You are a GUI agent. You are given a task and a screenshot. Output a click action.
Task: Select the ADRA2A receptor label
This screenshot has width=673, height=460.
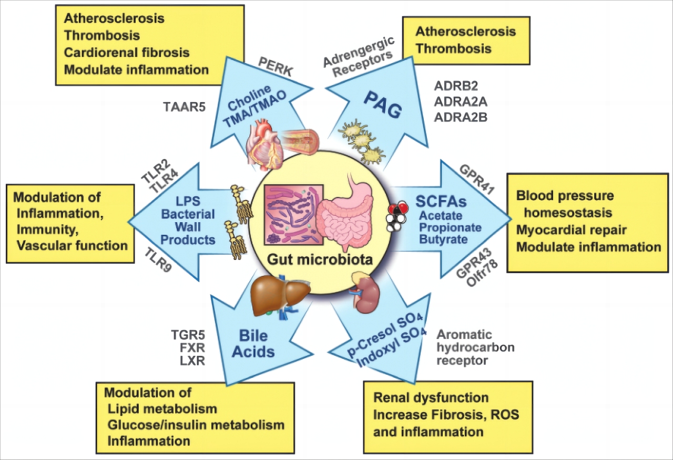(x=461, y=102)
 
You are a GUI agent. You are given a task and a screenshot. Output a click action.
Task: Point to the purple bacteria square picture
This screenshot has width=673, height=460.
(x=293, y=214)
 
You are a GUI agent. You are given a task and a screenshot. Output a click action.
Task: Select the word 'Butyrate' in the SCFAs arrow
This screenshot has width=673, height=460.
(x=443, y=239)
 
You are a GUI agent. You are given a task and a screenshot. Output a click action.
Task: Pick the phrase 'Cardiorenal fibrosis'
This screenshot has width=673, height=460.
(x=127, y=53)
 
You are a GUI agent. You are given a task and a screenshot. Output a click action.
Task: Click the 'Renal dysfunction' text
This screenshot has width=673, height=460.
(x=431, y=397)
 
